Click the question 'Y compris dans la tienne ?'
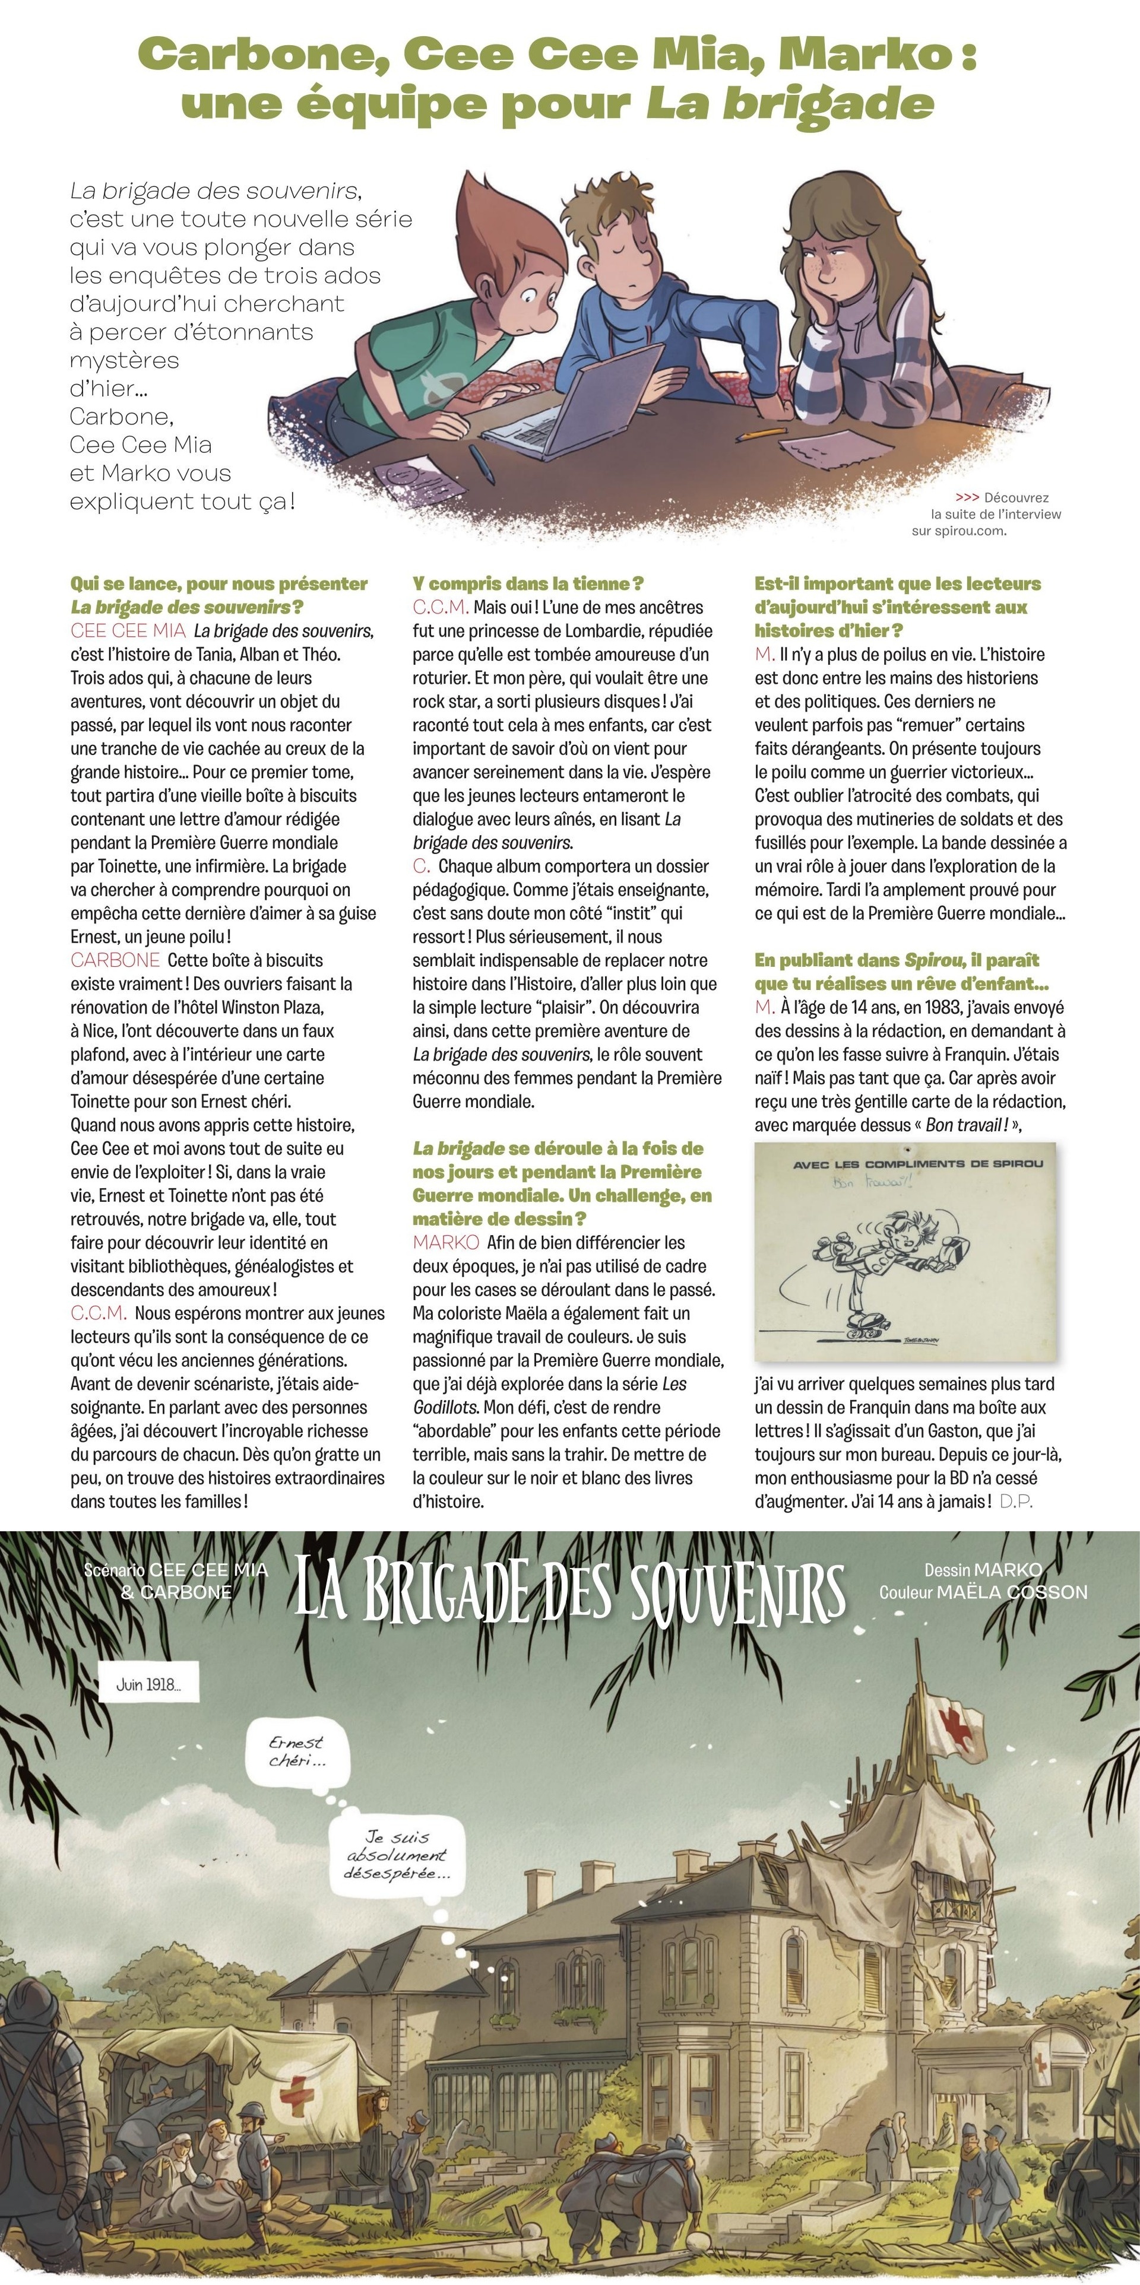(528, 583)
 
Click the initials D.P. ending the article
(1016, 1501)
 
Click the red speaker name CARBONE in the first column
(115, 960)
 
